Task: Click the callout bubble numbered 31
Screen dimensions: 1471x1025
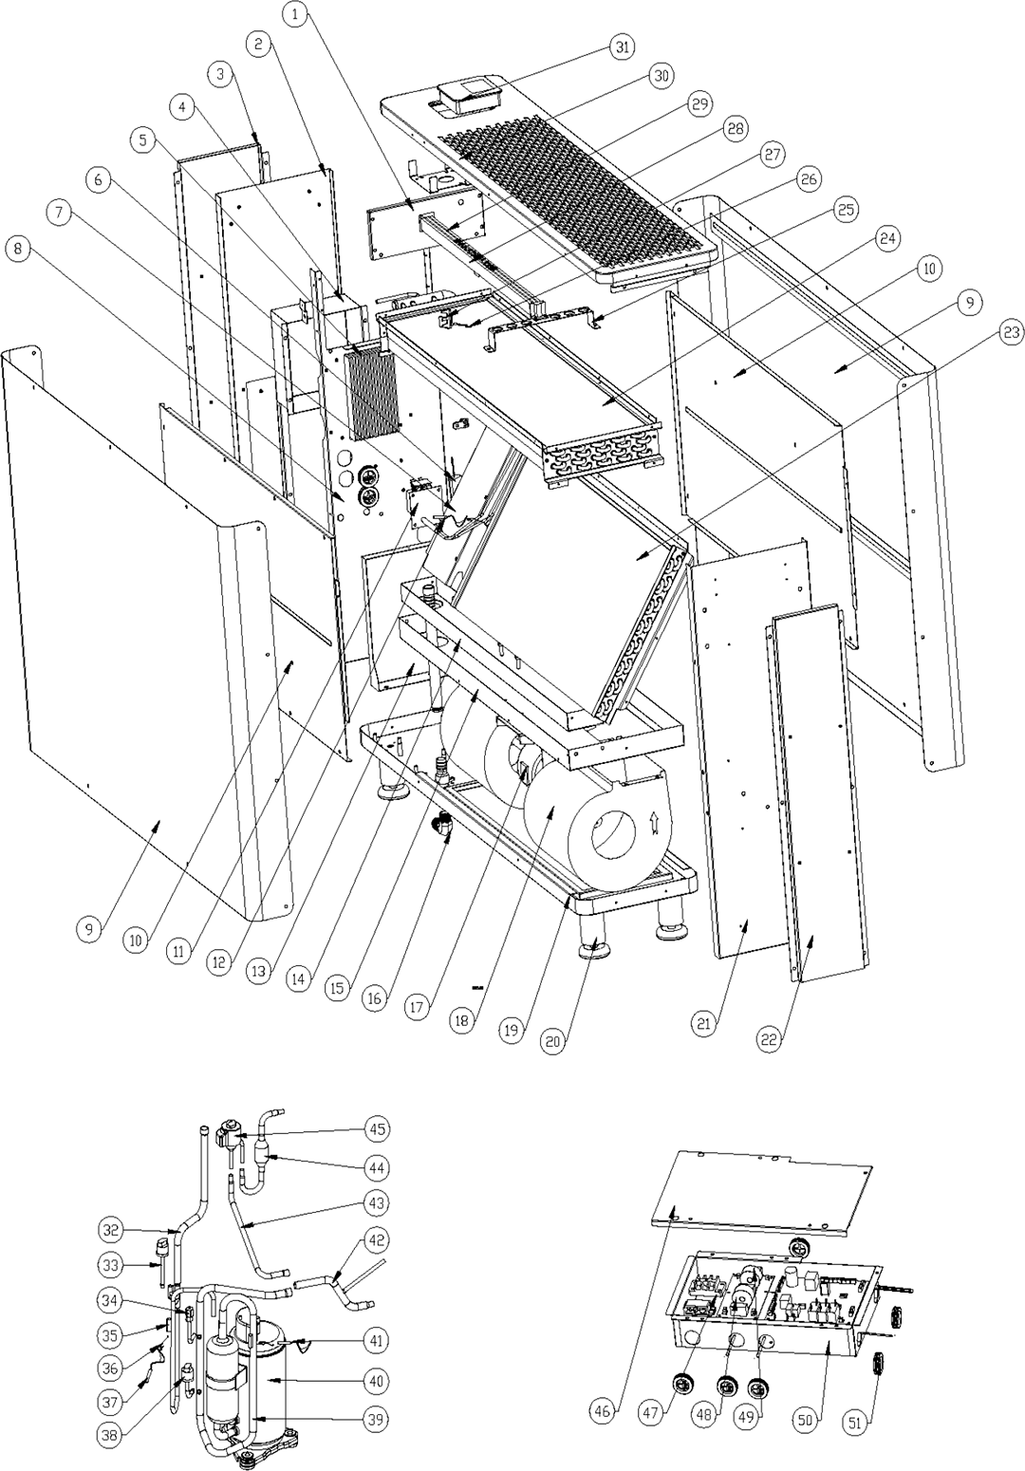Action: pos(622,47)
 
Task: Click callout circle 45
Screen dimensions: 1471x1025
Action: pos(378,1129)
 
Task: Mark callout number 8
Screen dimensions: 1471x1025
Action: pos(18,250)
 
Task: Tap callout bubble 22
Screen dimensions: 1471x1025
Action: pos(773,1040)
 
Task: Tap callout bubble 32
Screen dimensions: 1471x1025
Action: pos(113,1231)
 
